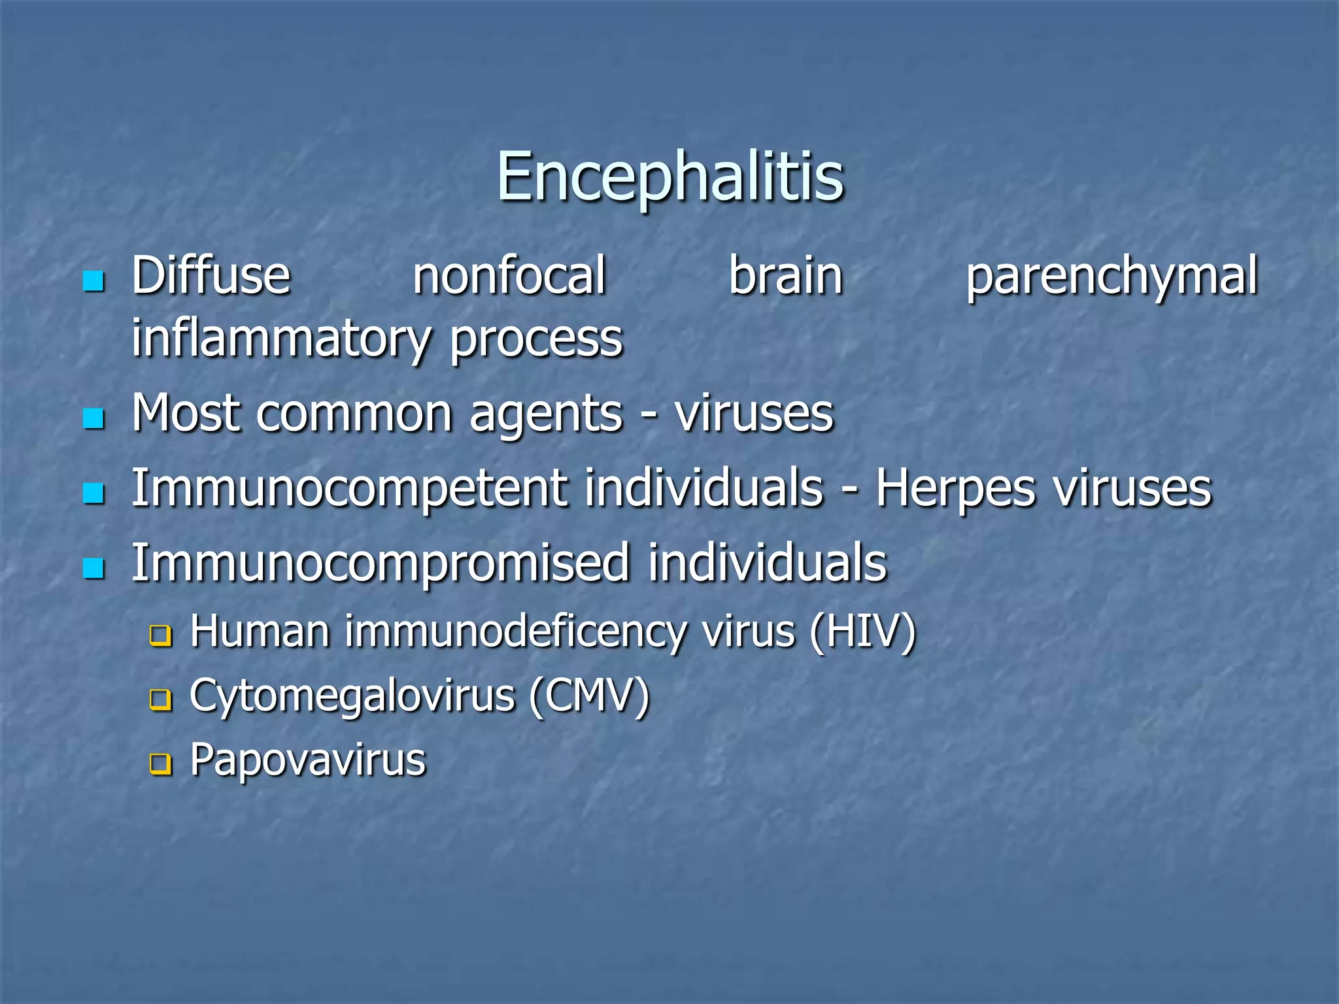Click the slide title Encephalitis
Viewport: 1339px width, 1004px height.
(670, 176)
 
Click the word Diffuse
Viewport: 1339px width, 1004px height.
(211, 276)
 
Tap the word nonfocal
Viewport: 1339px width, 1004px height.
(509, 276)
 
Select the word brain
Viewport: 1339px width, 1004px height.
(785, 276)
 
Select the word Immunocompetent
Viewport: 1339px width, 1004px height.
(350, 489)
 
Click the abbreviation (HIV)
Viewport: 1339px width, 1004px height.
(862, 633)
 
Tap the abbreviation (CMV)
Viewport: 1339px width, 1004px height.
(589, 696)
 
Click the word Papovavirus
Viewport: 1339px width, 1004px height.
(307, 761)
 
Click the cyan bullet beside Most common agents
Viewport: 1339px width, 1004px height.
(94, 418)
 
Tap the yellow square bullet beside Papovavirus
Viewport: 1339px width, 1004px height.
(160, 764)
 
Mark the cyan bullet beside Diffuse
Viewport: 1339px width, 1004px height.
(94, 281)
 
